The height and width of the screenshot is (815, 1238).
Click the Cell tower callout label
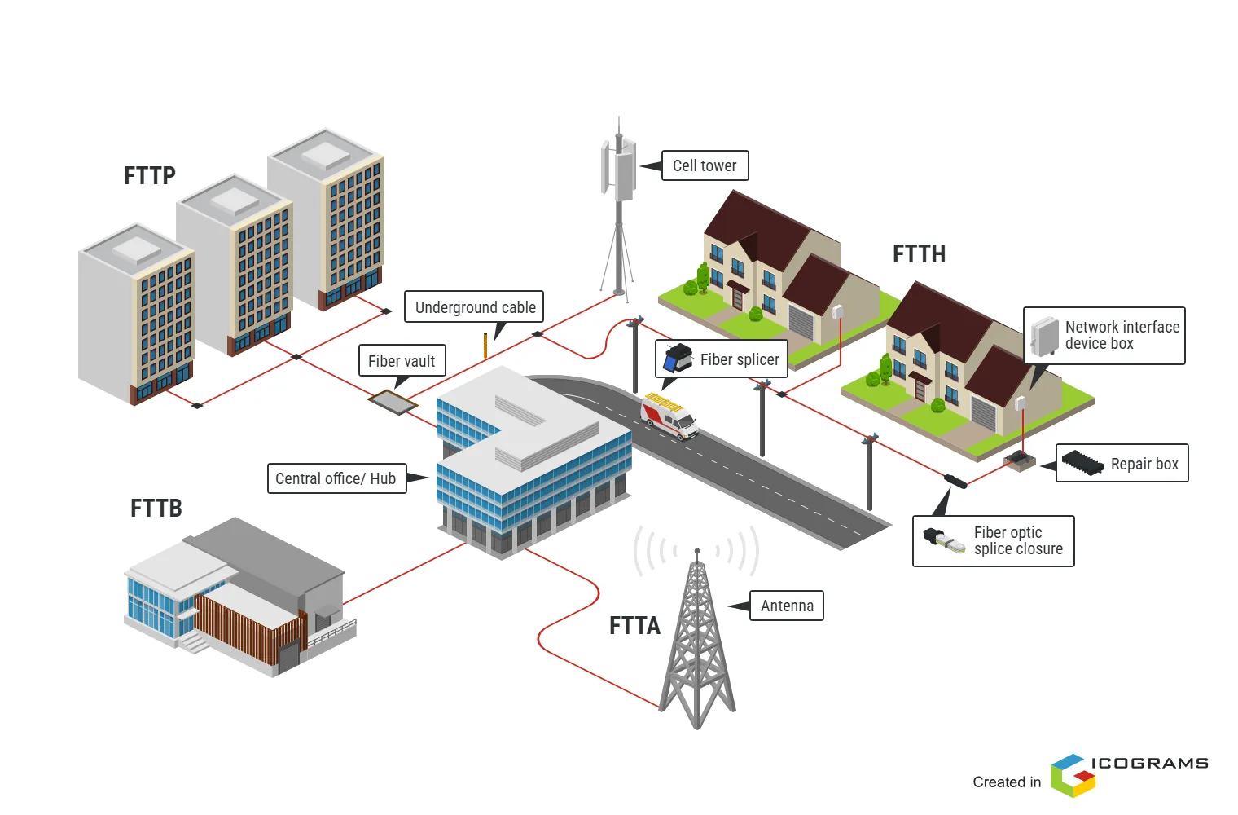point(705,165)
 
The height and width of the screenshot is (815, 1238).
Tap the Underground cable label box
point(475,307)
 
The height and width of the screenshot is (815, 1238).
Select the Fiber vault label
point(402,360)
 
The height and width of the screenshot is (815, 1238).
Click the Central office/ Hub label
point(336,478)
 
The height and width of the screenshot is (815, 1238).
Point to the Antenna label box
point(787,606)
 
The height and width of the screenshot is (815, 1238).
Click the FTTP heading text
point(150,176)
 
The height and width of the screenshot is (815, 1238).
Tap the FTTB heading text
point(156,509)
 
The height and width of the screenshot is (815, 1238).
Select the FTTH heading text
point(919,254)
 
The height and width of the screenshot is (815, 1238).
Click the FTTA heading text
point(634,626)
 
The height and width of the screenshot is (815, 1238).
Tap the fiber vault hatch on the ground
point(393,401)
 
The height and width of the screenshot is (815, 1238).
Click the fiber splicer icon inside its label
point(678,359)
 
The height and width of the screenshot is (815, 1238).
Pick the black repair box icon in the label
point(1082,462)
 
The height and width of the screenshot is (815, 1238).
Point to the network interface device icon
point(1045,336)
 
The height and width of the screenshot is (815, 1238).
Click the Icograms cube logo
point(1073,775)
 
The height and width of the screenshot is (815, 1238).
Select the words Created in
point(1007,782)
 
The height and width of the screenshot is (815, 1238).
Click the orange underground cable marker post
point(485,345)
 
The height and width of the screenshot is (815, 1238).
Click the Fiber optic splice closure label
point(1017,540)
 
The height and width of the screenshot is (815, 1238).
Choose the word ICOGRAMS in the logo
point(1149,764)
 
